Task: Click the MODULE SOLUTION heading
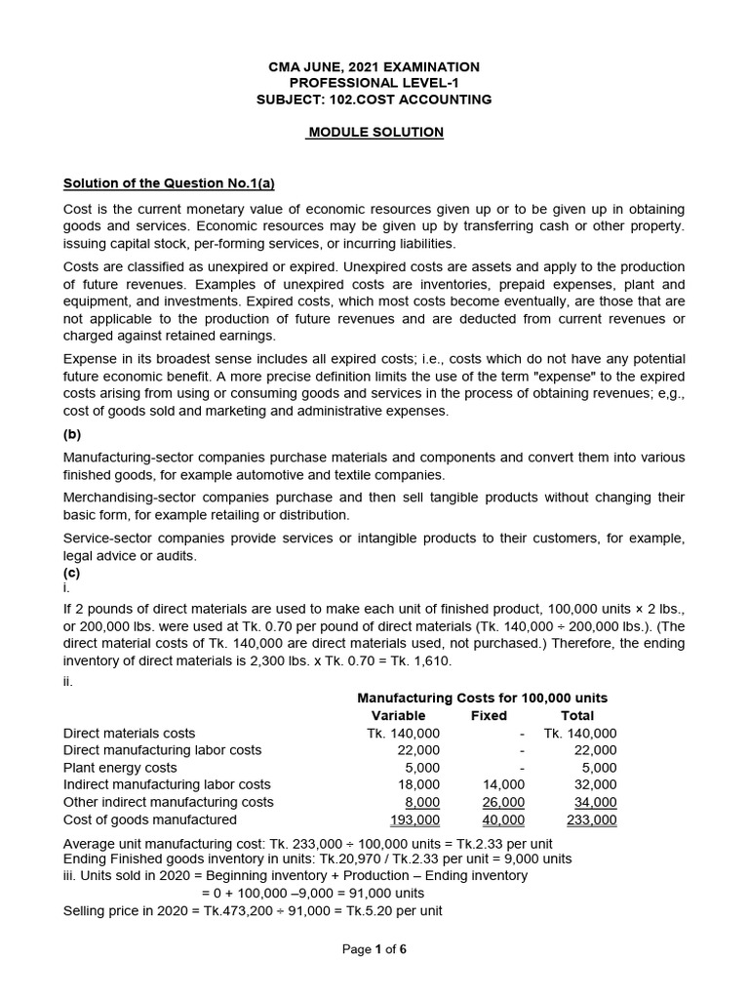(374, 132)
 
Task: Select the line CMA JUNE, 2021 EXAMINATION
(374, 66)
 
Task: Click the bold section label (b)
(72, 436)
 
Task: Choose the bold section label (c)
(72, 573)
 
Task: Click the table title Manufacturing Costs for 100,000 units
(482, 698)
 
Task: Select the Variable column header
(399, 715)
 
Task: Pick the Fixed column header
(490, 715)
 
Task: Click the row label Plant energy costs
(120, 768)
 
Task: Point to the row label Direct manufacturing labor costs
(162, 750)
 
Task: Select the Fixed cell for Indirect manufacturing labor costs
(504, 784)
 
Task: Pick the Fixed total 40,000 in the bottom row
(504, 819)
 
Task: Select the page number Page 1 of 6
(374, 950)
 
